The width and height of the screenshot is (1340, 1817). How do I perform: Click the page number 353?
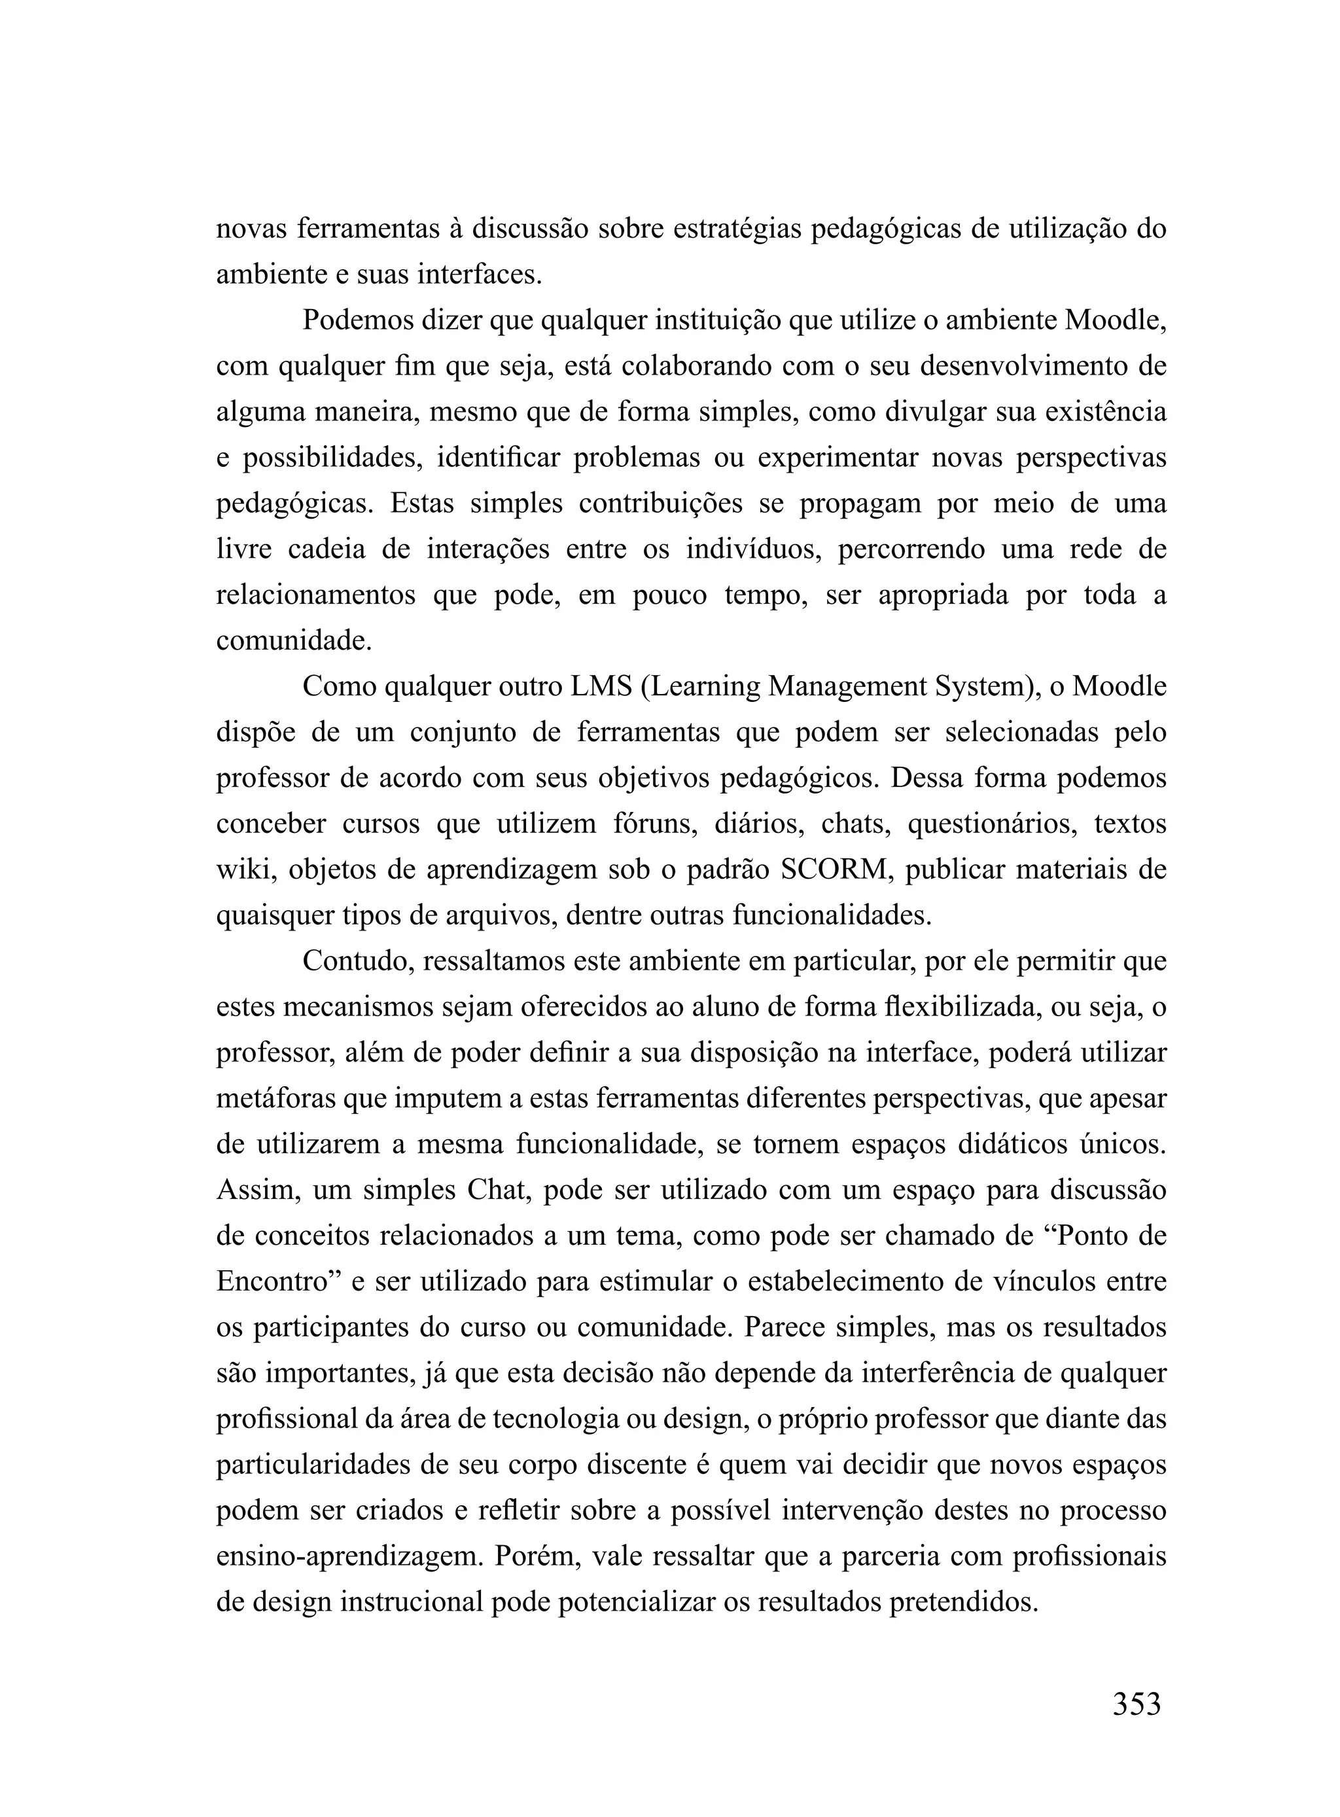pyautogui.click(x=1136, y=1703)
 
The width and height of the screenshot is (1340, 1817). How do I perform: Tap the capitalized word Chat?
pyautogui.click(x=497, y=1190)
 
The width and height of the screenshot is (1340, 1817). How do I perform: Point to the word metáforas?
pyautogui.click(x=275, y=1099)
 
